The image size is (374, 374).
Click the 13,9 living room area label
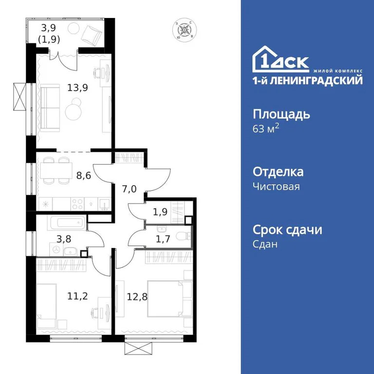[x=75, y=88]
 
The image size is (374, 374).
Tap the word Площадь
[x=281, y=115]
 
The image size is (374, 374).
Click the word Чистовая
[x=276, y=186]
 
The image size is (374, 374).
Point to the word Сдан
[x=265, y=244]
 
